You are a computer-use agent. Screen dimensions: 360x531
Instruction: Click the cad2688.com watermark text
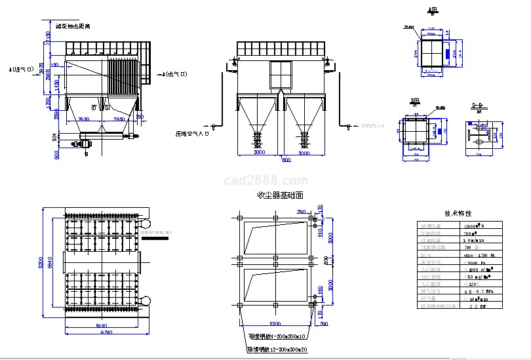point(265,180)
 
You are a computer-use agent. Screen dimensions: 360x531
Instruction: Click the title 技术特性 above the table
point(458,214)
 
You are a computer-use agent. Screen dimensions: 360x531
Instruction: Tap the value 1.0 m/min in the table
point(475,240)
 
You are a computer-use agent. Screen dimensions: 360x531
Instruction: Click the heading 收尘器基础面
point(281,195)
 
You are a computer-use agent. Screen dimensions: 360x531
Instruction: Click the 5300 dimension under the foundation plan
point(275,324)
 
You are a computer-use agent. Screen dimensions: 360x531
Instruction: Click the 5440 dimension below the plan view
point(102,325)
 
